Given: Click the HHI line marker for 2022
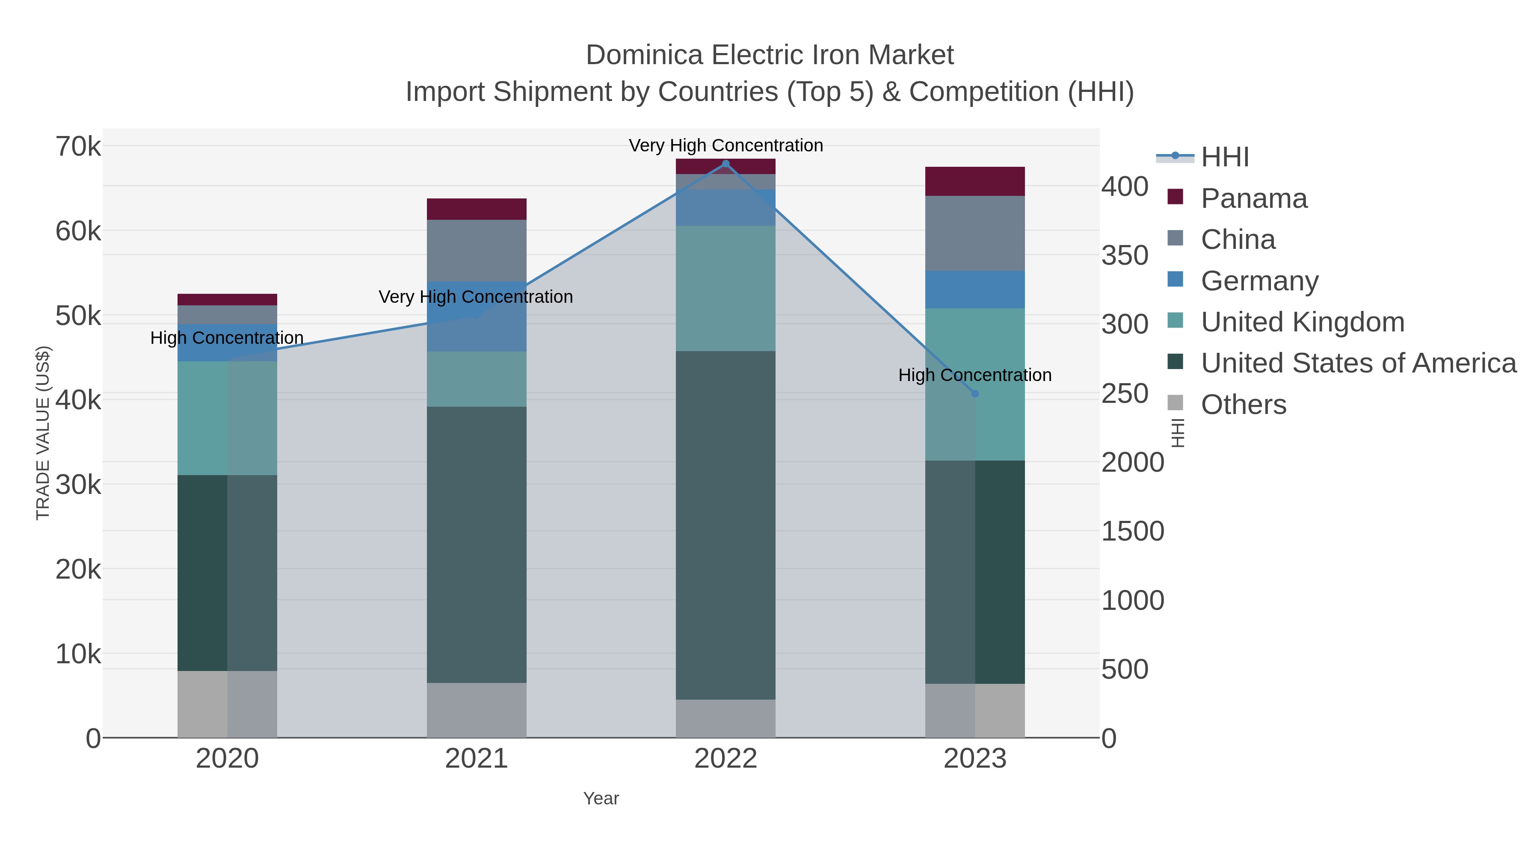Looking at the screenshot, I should click(x=726, y=164).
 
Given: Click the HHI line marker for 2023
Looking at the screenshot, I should click(x=975, y=394).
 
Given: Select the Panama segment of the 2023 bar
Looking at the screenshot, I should click(x=975, y=181).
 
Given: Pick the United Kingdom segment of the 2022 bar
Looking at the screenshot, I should click(x=726, y=288).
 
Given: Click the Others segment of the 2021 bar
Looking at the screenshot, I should click(x=477, y=710).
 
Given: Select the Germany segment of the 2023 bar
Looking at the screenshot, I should click(x=975, y=289).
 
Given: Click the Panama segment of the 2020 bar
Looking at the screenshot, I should click(x=227, y=299).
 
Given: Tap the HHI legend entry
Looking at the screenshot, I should click(x=1224, y=157).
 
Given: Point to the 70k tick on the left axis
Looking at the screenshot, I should click(x=78, y=146).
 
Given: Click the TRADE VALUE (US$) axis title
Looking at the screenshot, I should click(x=43, y=433).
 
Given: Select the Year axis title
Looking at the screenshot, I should click(x=601, y=798).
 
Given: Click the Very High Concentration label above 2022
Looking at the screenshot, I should click(x=726, y=145).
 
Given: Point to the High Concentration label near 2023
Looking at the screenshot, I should click(x=975, y=375).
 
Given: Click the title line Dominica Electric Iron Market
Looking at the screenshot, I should click(x=770, y=55).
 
